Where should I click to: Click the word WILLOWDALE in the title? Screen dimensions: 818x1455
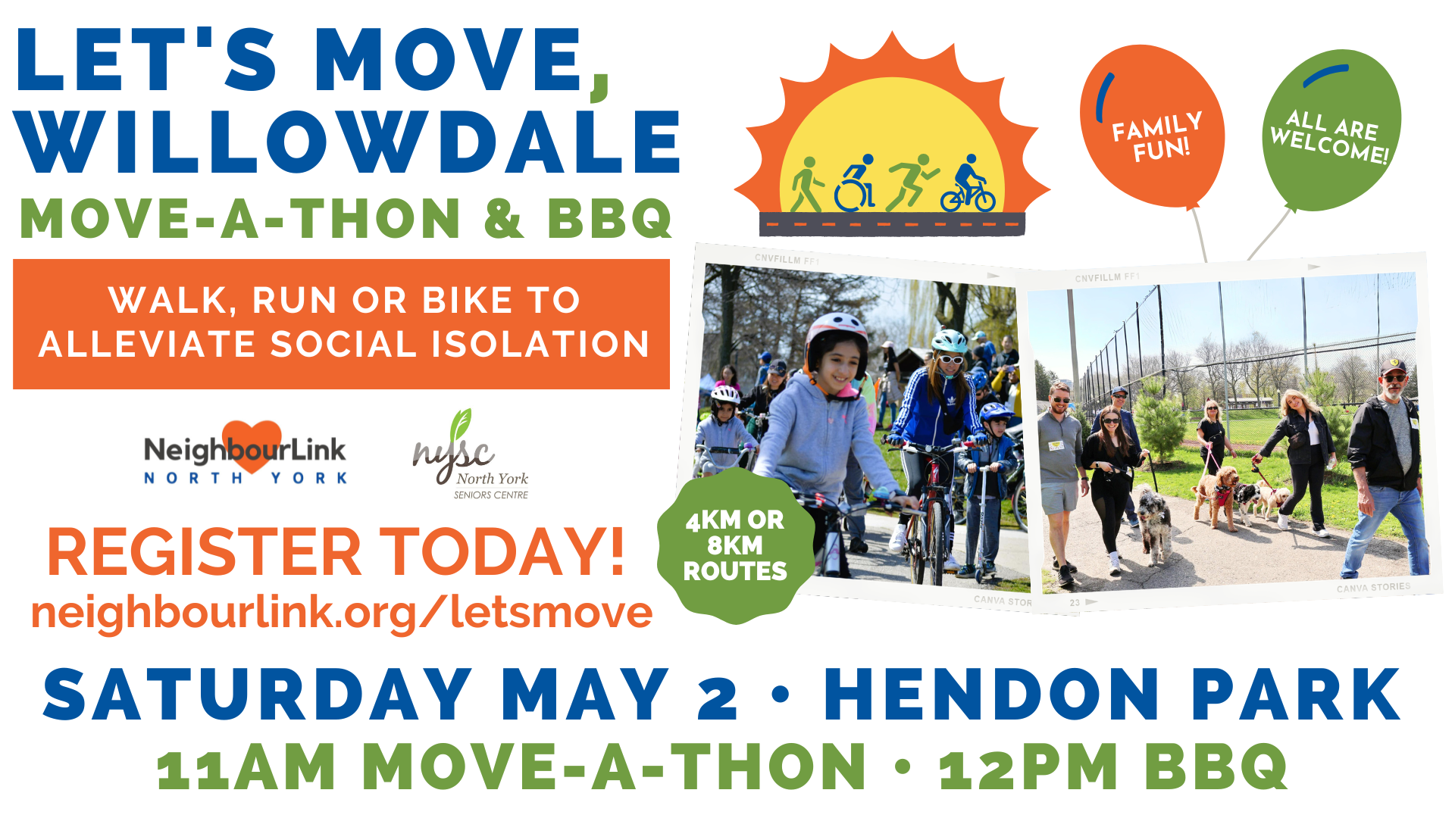pos(349,142)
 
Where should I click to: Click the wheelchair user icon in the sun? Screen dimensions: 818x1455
pos(856,185)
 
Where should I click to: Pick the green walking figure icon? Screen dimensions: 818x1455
pos(806,185)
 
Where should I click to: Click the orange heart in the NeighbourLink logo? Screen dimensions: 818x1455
pos(252,442)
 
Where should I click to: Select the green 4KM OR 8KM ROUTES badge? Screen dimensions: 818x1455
pos(734,545)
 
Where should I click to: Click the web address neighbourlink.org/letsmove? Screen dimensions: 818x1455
pos(341,612)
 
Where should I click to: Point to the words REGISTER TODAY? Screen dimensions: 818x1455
pos(336,552)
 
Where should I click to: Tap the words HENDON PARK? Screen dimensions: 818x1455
pos(1112,695)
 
